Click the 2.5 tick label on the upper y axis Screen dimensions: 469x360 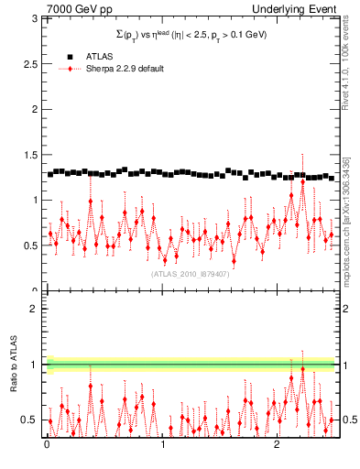pyautogui.click(x=31, y=63)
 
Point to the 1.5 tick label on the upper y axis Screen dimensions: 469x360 pyautogui.click(x=31, y=155)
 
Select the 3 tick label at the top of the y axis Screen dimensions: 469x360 pyautogui.click(x=36, y=18)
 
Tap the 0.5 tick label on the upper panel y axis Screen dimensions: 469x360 pyautogui.click(x=31, y=245)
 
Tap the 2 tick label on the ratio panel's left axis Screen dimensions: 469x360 pyautogui.click(x=36, y=309)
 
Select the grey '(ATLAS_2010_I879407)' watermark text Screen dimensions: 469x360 pyautogui.click(x=191, y=274)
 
